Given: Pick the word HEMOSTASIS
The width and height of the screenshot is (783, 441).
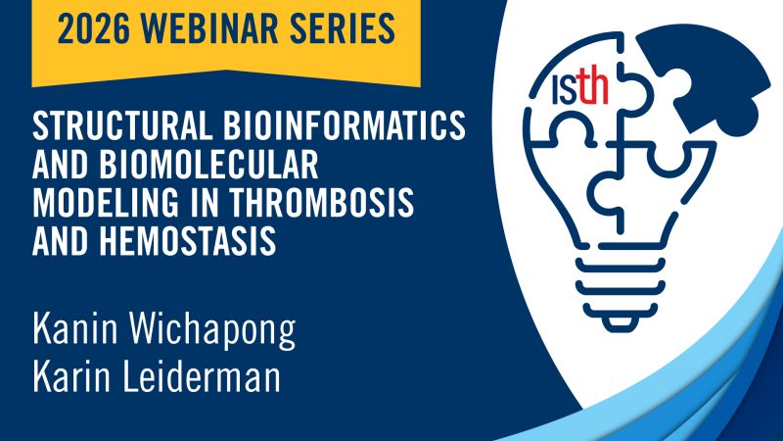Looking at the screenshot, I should [x=180, y=235].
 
